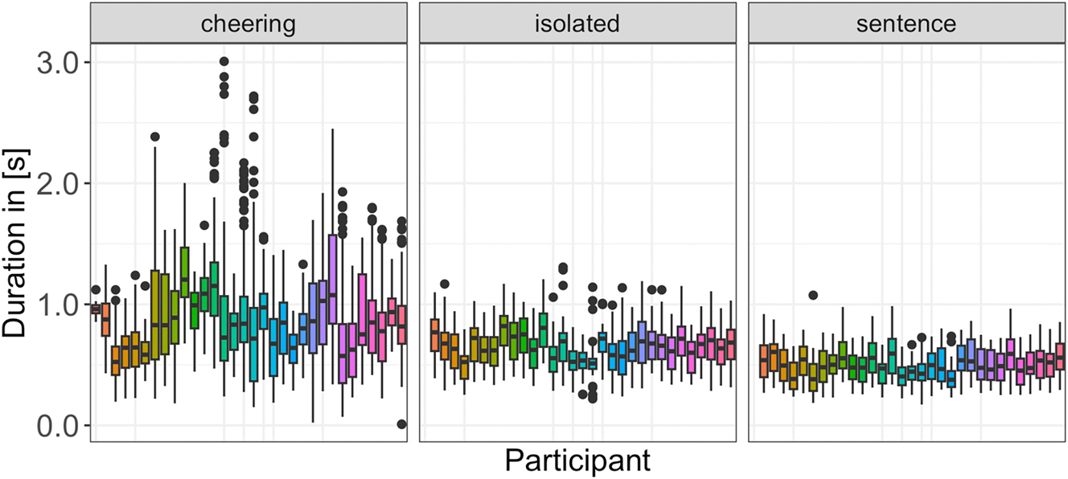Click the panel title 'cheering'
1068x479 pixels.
tap(249, 24)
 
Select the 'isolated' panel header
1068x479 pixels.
tap(577, 24)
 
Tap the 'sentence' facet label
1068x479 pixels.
tap(906, 24)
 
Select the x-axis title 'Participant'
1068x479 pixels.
tap(577, 462)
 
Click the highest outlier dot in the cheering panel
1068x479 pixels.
tap(224, 61)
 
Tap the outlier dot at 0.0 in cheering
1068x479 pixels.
tap(402, 424)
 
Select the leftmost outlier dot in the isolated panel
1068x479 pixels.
tap(444, 284)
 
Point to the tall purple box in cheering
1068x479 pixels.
tap(332, 279)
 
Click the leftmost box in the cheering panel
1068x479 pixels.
tap(96, 309)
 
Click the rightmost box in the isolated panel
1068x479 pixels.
tap(730, 344)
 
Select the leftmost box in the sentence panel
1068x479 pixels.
tap(764, 361)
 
